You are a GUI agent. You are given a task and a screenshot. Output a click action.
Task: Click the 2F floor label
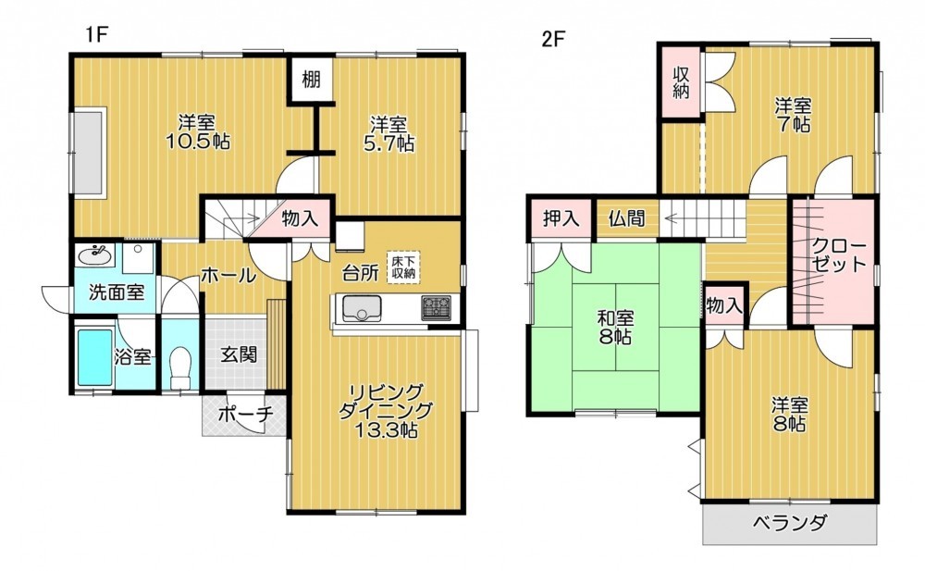coord(553,39)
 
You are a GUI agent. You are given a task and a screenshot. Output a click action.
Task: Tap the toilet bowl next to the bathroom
coord(180,366)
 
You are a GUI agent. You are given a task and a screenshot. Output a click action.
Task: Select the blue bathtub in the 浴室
coord(95,356)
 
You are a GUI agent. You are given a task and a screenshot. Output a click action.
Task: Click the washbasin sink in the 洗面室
coord(94,256)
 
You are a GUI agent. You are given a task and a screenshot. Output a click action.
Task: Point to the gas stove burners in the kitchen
coord(436,307)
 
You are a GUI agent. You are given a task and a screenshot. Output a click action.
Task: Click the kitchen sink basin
coord(362,309)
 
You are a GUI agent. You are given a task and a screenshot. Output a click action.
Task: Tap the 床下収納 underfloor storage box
coord(403,267)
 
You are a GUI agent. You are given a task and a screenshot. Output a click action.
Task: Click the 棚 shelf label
coord(311,78)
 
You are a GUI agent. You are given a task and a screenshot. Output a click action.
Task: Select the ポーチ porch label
coord(245,414)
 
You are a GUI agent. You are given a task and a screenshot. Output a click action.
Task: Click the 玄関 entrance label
coord(239,354)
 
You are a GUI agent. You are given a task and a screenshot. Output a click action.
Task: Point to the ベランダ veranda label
coord(789,523)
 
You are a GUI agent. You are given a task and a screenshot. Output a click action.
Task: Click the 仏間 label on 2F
coord(626,219)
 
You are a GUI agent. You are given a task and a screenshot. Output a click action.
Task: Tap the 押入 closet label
coord(561,219)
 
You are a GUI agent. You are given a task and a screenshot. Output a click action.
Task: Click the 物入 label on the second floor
coord(724,305)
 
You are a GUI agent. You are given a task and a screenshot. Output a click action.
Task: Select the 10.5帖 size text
coord(198,143)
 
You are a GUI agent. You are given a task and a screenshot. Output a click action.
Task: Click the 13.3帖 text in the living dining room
coord(386,430)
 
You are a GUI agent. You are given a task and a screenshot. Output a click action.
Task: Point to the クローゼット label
coord(839,254)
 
